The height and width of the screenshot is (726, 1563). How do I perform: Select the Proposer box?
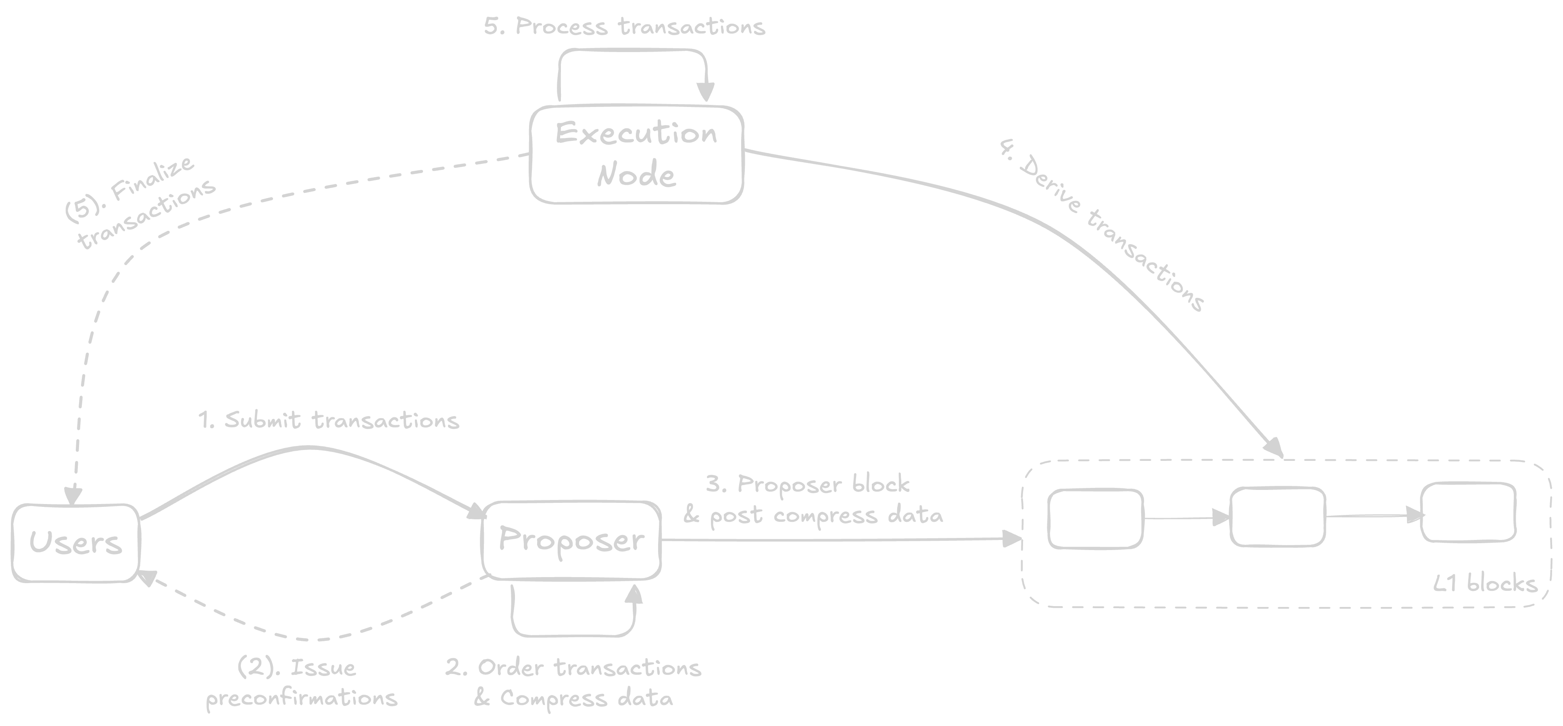(571, 540)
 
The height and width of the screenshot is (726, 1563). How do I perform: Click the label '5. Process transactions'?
(624, 27)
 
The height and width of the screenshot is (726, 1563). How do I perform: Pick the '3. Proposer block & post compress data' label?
(813, 500)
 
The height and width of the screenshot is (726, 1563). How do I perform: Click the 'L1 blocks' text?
(1485, 584)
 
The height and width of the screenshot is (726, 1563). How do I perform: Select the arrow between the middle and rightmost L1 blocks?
(1374, 516)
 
